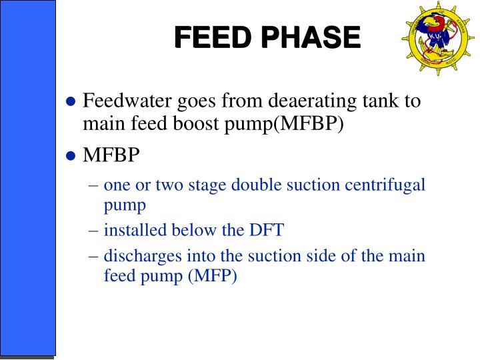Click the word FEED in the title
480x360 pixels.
(x=214, y=38)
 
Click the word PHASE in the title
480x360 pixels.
(x=310, y=38)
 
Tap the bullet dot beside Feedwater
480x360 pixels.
(x=72, y=103)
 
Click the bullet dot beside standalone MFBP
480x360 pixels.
(x=72, y=157)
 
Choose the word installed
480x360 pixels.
(x=132, y=231)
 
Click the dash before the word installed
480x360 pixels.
(x=93, y=231)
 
